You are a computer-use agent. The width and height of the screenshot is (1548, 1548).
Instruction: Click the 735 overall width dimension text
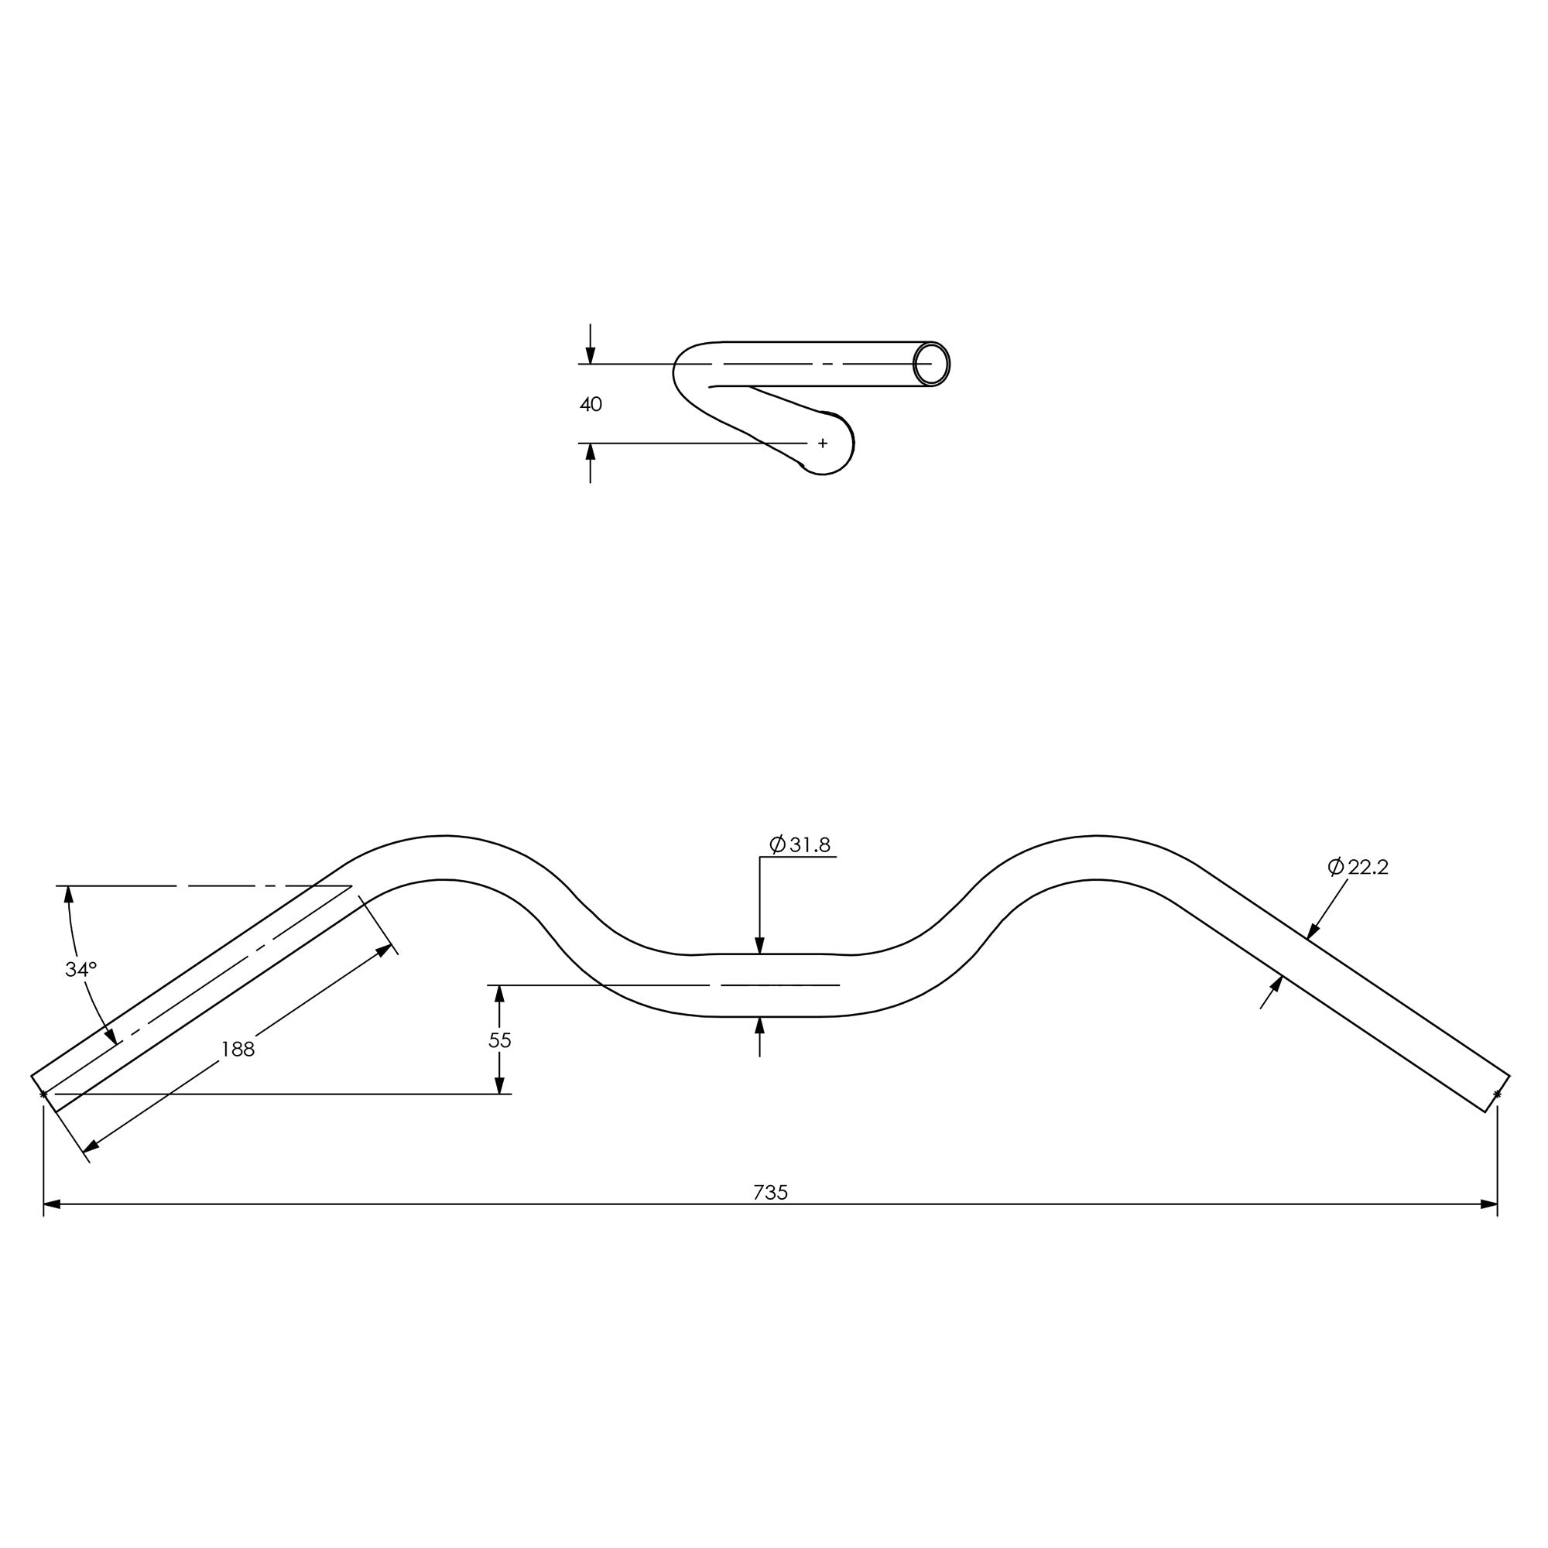[x=771, y=1192]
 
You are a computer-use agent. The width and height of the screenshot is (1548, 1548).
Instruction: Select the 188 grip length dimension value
[x=238, y=1049]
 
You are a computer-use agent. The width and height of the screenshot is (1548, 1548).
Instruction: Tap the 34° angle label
[x=81, y=970]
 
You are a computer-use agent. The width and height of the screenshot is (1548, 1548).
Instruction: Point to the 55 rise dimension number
[x=500, y=1040]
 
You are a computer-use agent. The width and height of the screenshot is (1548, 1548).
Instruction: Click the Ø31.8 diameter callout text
[x=800, y=844]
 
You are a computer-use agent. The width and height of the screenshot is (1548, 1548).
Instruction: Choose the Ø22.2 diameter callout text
[x=1358, y=867]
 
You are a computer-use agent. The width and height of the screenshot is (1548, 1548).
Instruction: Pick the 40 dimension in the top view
[x=591, y=405]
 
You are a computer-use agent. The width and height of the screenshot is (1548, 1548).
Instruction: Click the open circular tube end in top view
[x=932, y=365]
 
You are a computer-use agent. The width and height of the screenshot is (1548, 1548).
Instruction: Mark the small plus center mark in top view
[x=823, y=443]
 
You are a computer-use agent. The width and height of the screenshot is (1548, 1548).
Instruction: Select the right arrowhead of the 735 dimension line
[x=1489, y=1204]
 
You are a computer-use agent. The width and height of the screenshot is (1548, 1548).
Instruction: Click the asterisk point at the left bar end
[x=43, y=1094]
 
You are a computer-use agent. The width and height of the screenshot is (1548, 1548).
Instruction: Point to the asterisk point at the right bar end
[x=1498, y=1094]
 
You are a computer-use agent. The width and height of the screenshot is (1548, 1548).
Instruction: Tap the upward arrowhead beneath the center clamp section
[x=759, y=1026]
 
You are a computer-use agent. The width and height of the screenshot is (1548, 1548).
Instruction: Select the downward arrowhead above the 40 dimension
[x=591, y=356]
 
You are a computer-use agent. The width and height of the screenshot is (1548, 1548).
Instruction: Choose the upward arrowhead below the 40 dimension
[x=591, y=452]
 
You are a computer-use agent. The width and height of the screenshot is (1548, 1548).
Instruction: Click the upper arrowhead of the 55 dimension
[x=499, y=995]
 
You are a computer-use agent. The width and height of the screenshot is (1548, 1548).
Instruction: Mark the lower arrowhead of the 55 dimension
[x=499, y=1085]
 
